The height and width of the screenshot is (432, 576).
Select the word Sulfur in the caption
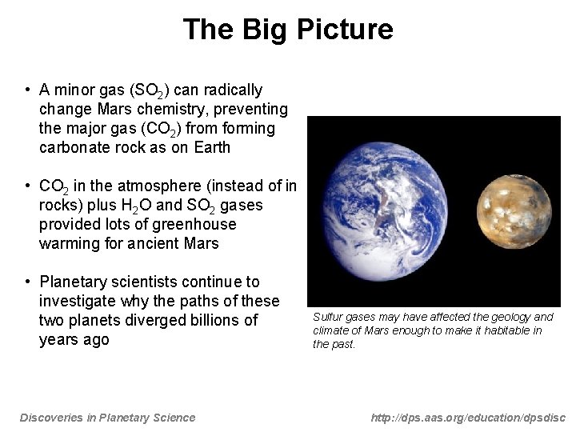326,318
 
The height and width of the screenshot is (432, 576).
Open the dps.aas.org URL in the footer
468,418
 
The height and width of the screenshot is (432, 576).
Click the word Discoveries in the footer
50,418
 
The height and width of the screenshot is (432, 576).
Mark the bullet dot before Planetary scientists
27,282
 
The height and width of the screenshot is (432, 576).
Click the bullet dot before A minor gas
27,90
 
